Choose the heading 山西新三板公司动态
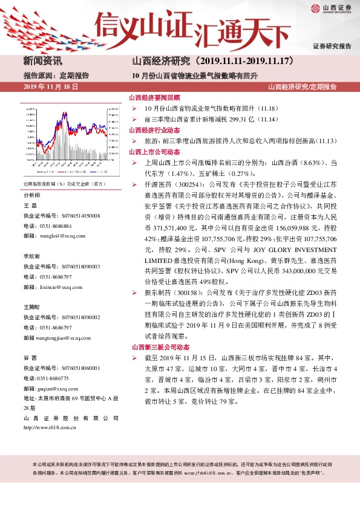(x=160, y=347)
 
